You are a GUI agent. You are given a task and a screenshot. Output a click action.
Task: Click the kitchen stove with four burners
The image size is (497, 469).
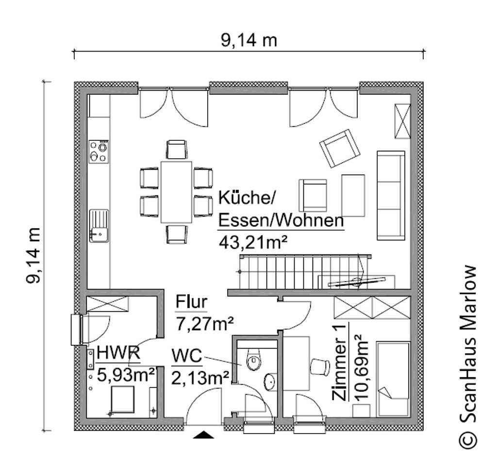click(x=99, y=151)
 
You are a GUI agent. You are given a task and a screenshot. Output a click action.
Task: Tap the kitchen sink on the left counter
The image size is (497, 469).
click(x=99, y=225)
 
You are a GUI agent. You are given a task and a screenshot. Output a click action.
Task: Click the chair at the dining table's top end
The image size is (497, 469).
click(x=176, y=149)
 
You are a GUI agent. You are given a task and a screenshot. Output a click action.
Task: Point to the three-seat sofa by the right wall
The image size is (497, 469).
click(x=391, y=195)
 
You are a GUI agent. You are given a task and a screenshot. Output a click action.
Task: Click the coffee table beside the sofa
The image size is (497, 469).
click(x=353, y=195)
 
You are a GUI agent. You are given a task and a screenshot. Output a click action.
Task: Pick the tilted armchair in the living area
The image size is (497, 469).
click(x=340, y=148)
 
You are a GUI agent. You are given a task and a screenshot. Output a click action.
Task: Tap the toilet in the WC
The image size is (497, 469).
click(x=254, y=360)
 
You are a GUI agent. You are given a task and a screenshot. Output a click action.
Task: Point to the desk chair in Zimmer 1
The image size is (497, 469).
click(x=319, y=366)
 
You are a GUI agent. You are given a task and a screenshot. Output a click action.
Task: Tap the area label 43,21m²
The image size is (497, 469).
click(x=250, y=241)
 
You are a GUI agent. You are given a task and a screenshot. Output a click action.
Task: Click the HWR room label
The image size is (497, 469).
click(x=119, y=353)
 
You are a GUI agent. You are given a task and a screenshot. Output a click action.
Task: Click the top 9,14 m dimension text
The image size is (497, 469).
click(x=249, y=40)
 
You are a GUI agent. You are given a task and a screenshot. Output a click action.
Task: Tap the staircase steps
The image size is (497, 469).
click(x=301, y=273)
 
